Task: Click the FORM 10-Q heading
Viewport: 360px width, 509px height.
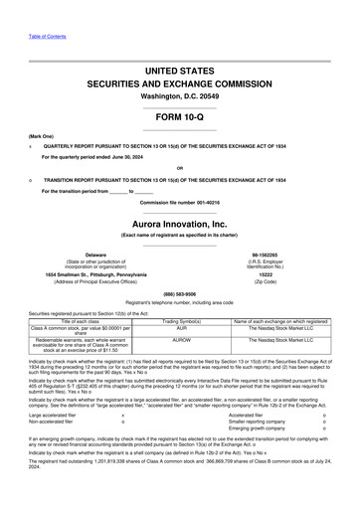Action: [x=179, y=117]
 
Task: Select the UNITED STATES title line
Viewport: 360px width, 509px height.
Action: [x=179, y=73]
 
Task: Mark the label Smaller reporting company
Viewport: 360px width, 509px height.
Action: [x=255, y=421]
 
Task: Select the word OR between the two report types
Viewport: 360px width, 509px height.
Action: [x=179, y=168]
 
